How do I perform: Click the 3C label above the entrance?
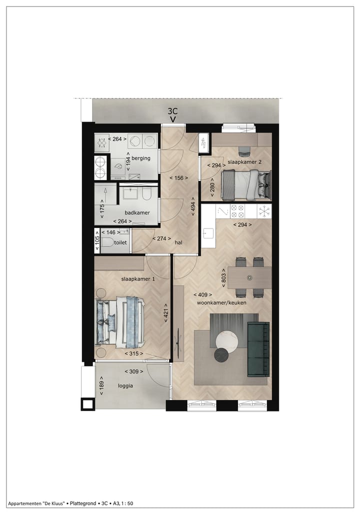click(x=173, y=111)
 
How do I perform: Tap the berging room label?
click(x=140, y=158)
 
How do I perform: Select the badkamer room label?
click(x=137, y=212)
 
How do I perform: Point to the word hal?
click(x=178, y=242)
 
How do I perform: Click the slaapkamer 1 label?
click(x=137, y=279)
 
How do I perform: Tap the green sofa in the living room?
click(x=258, y=348)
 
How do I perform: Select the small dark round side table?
click(x=221, y=355)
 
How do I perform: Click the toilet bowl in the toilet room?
click(x=107, y=244)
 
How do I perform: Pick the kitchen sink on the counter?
click(x=208, y=232)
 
